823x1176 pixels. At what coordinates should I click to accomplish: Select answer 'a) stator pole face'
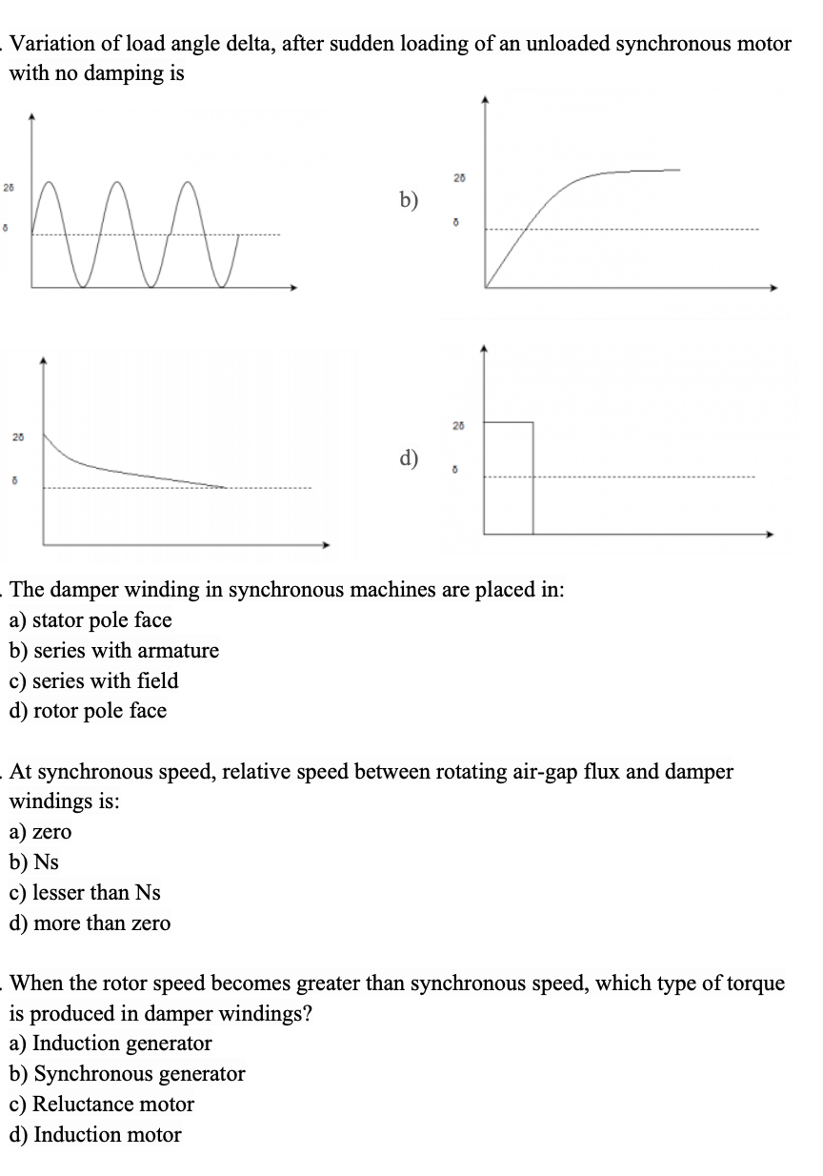[x=90, y=620]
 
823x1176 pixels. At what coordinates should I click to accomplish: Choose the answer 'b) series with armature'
[x=113, y=651]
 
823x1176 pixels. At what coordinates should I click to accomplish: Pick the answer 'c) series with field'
[x=93, y=680]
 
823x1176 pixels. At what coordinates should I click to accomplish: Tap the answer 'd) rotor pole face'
[x=88, y=711]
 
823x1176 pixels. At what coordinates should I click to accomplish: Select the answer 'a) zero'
[x=40, y=832]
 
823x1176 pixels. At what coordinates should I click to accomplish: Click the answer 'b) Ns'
[x=34, y=862]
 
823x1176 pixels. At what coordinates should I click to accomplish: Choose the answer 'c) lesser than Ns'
[x=85, y=893]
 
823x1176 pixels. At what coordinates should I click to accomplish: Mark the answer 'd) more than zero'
[x=90, y=923]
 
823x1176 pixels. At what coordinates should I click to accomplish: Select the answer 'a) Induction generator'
[x=110, y=1044]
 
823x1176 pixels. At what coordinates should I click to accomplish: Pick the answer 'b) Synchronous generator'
[x=127, y=1074]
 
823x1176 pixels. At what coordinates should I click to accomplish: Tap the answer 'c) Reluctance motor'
[x=101, y=1105]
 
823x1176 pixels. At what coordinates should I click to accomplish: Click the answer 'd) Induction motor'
[x=95, y=1135]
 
